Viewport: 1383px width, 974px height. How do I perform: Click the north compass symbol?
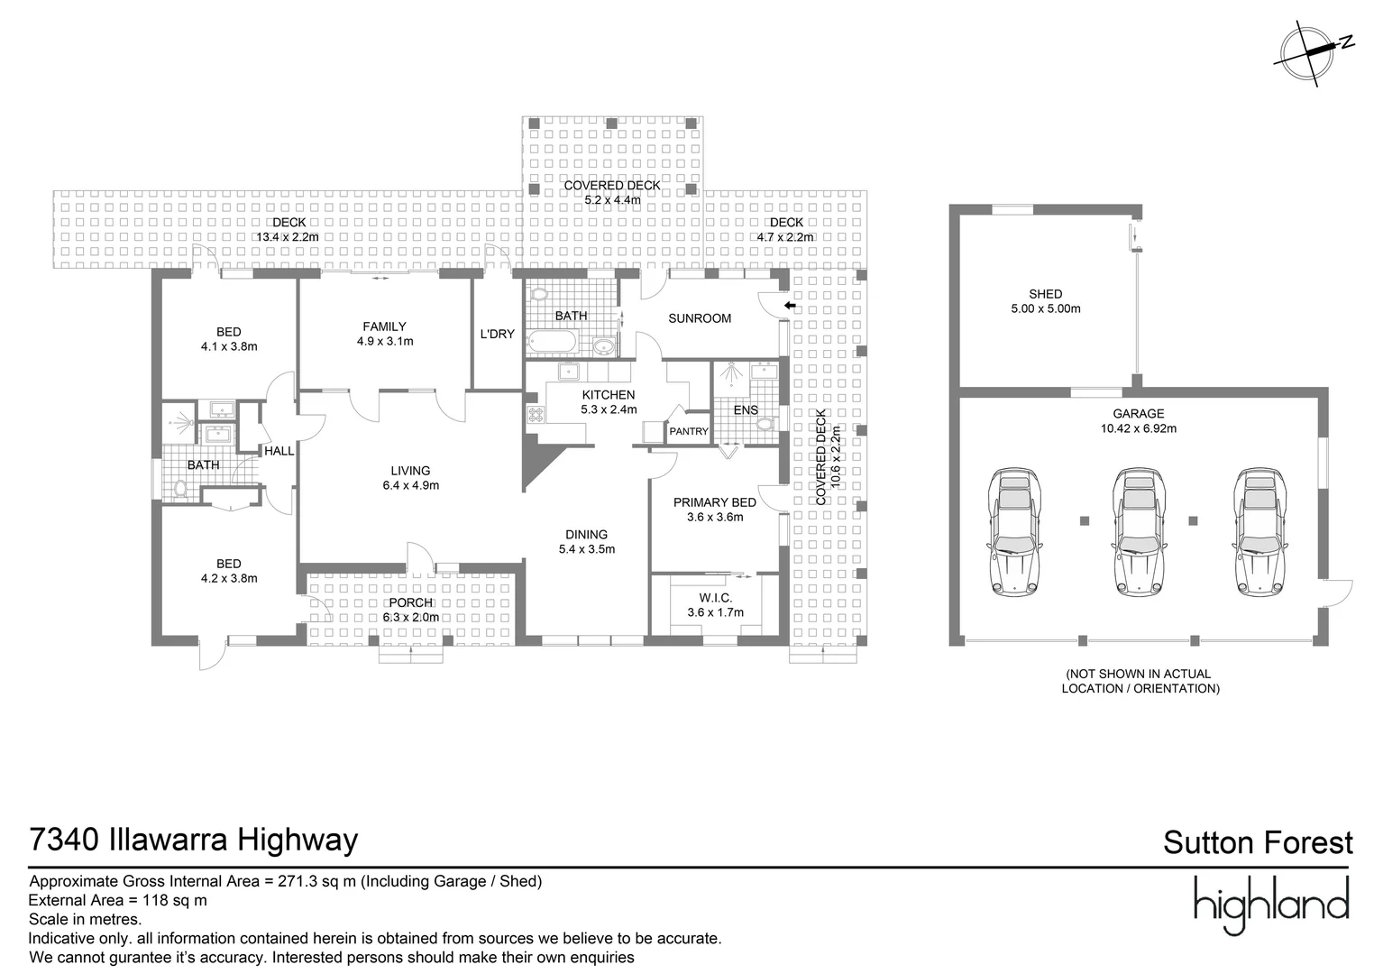1312,53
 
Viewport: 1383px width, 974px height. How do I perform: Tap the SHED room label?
1045,294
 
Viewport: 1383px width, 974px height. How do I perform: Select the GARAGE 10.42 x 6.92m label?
1138,421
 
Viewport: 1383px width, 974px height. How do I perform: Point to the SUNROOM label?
699,318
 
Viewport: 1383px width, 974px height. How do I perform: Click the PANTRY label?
689,432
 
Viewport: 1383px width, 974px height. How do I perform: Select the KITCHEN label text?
609,395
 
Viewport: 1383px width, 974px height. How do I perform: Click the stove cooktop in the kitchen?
536,415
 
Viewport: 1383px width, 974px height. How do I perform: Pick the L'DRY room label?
497,335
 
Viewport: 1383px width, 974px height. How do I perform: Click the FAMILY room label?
385,326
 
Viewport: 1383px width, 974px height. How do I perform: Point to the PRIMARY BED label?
715,502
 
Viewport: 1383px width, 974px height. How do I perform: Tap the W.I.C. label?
715,598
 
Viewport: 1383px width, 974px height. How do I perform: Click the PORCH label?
410,602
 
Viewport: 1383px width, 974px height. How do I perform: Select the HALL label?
279,451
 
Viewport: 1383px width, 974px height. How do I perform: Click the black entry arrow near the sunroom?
790,307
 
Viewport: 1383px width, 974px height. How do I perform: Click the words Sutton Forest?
1258,843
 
